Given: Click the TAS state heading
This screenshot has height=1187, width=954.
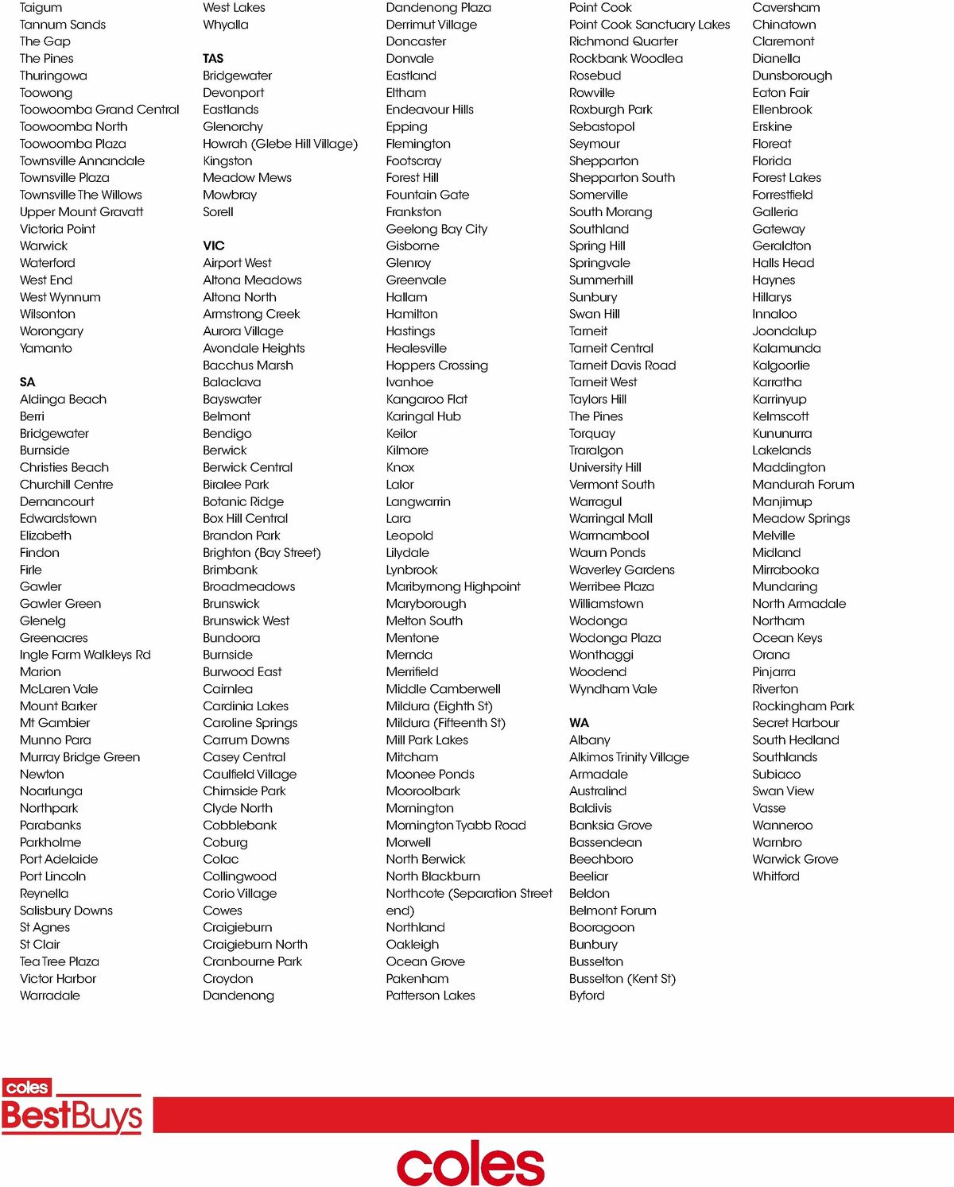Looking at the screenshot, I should (213, 59).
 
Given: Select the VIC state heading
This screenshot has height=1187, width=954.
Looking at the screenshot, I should (214, 246).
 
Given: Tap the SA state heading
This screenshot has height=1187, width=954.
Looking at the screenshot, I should (28, 382).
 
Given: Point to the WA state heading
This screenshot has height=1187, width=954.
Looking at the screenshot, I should (579, 723).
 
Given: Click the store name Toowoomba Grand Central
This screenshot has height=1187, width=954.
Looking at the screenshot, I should (99, 110).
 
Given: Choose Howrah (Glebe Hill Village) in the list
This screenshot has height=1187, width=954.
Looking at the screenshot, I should (280, 144).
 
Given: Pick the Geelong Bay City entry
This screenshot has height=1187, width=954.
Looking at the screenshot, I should (436, 229).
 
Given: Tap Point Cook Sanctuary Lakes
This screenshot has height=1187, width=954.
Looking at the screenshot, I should (650, 25).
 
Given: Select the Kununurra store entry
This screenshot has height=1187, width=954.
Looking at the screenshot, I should (782, 434).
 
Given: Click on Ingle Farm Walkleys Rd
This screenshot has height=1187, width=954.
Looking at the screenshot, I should (85, 655).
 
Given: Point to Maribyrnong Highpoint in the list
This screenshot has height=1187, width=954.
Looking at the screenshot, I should (453, 586).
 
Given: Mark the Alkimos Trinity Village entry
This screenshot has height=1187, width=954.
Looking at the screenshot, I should (629, 757).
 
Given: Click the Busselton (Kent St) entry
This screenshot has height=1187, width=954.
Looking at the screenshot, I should (622, 979).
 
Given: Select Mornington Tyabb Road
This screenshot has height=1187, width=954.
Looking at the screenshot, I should (456, 825).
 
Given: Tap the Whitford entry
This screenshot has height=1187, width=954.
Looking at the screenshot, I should (776, 876).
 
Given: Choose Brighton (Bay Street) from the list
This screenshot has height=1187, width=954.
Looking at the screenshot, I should (262, 553).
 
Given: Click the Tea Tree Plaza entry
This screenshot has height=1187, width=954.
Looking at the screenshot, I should (60, 961).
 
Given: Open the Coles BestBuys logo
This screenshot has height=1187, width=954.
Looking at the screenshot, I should (72, 1106).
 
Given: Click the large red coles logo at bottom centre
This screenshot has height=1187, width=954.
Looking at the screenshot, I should (471, 1163).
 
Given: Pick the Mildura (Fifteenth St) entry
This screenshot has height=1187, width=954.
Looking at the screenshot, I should (445, 723).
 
